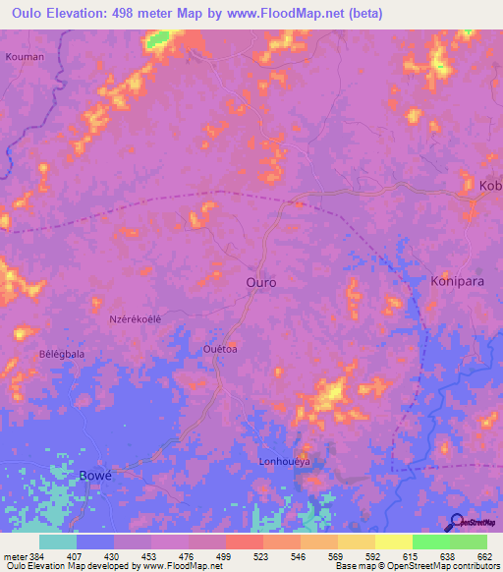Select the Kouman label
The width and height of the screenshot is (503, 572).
25,57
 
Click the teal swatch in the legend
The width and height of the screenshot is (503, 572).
58,542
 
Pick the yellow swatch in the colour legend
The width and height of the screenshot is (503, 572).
393,542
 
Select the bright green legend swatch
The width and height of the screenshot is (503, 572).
431,542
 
